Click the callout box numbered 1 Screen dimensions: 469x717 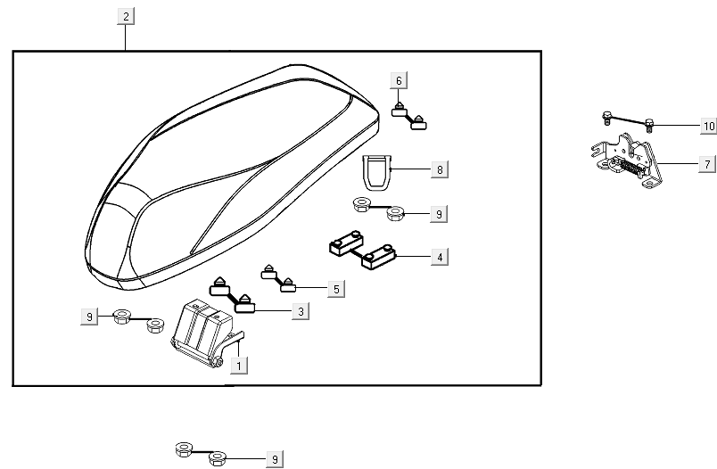[238, 365]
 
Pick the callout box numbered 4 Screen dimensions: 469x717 [438, 257]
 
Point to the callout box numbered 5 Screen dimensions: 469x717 [335, 289]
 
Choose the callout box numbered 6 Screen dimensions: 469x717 [399, 81]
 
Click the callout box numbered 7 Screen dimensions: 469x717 [705, 165]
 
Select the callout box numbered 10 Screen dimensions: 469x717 [708, 127]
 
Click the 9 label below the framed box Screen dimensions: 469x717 [275, 459]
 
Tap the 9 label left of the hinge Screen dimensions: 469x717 [88, 315]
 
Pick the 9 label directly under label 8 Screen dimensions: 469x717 [438, 214]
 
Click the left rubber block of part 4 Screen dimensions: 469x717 [343, 243]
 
